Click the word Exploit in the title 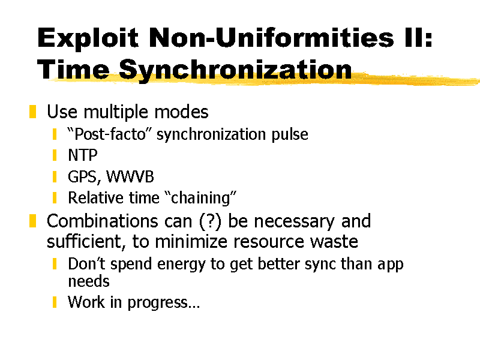[88, 38]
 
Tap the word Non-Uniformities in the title [272, 37]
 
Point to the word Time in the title [73, 69]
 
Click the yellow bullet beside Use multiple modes [33, 112]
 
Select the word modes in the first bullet [181, 112]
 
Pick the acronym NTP [83, 155]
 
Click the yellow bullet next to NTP [55, 155]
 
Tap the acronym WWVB [130, 176]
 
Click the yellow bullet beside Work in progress [55, 302]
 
